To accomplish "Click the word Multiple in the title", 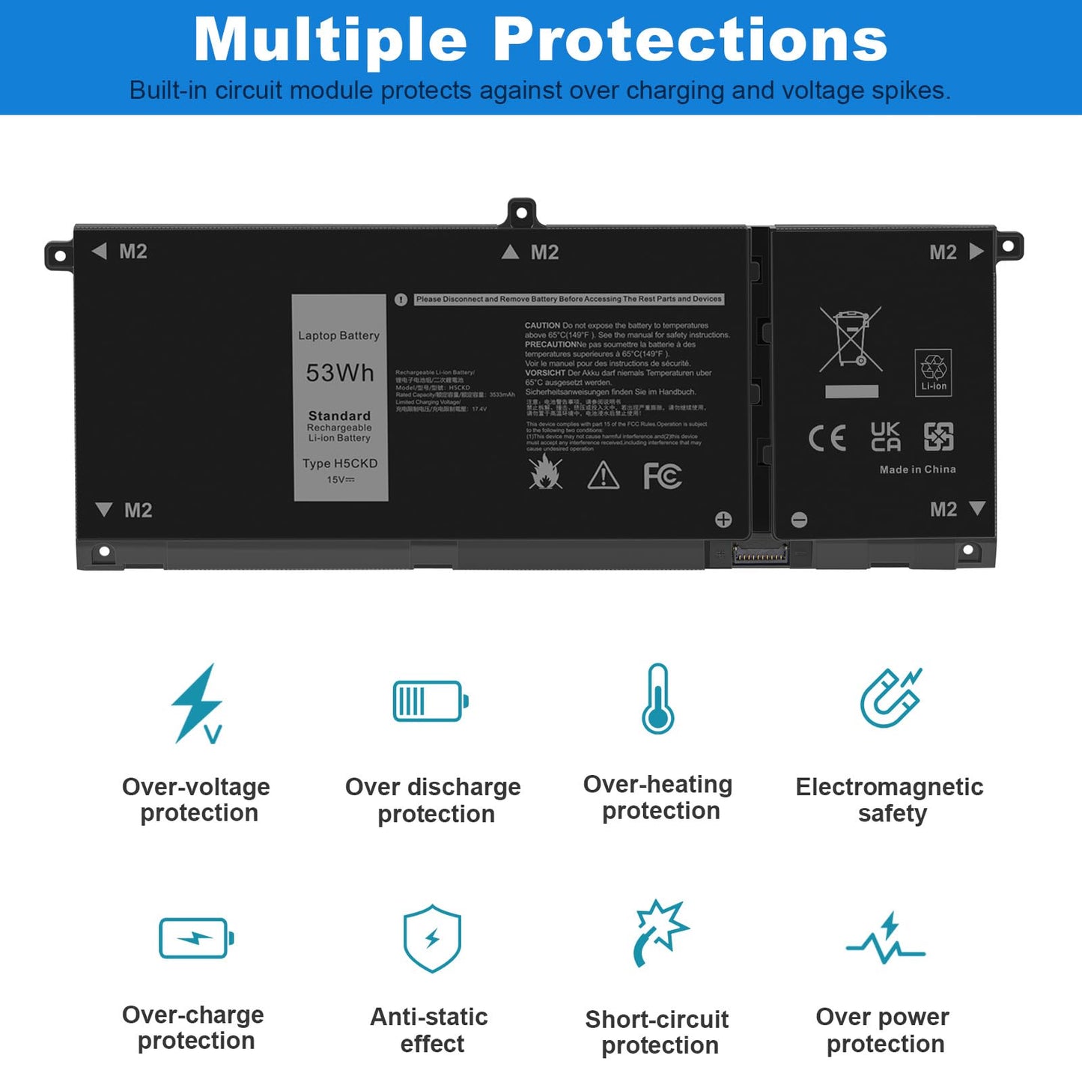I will [x=330, y=40].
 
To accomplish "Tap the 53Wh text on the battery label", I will [x=340, y=373].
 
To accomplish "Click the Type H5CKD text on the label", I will [x=340, y=464].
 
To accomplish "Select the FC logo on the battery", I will [x=663, y=476].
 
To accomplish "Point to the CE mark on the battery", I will [x=827, y=438].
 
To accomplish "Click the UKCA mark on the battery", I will [x=886, y=437].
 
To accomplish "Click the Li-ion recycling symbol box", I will [x=934, y=372].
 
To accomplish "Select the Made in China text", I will [x=917, y=469].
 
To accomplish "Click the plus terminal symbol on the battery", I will [x=723, y=520].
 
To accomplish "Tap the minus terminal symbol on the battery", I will [x=800, y=520].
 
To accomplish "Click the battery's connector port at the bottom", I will [x=760, y=556].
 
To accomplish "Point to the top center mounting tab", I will [x=522, y=213].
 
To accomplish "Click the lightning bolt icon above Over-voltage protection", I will [x=197, y=703].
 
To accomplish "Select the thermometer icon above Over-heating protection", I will [x=658, y=699].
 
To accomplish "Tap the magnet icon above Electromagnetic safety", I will [x=890, y=698].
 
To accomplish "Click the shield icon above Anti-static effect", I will [x=432, y=938].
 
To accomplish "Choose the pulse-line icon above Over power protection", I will [x=887, y=939].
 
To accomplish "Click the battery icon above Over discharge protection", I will [x=431, y=701].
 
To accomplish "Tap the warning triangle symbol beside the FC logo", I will [x=604, y=475].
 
